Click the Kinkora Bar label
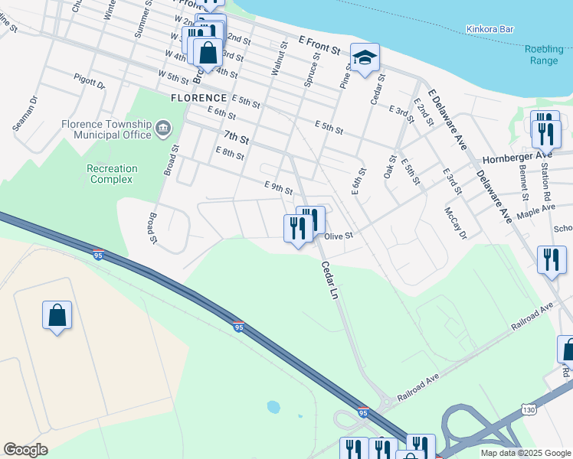click(x=490, y=30)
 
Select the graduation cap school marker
click(x=365, y=57)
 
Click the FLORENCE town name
click(x=198, y=98)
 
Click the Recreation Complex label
click(x=112, y=174)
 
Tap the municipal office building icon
click(x=163, y=128)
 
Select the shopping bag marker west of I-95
click(x=57, y=315)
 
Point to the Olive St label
click(x=338, y=236)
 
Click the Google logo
click(x=26, y=450)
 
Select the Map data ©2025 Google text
click(x=525, y=453)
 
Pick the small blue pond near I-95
click(x=273, y=406)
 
